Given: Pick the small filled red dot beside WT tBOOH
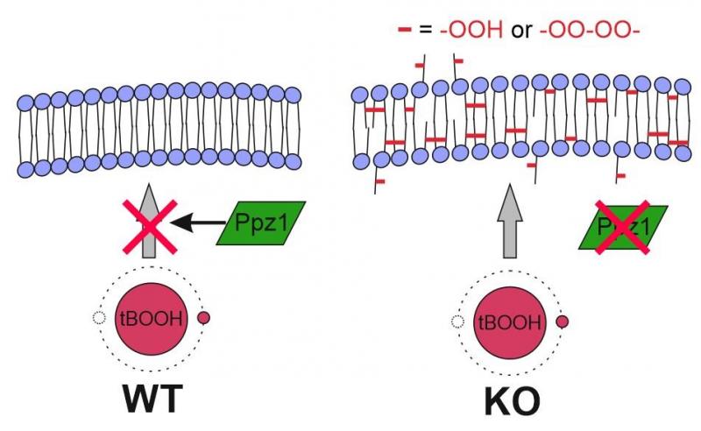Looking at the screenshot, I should (204, 319).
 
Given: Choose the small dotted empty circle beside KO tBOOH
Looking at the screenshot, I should (457, 321).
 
